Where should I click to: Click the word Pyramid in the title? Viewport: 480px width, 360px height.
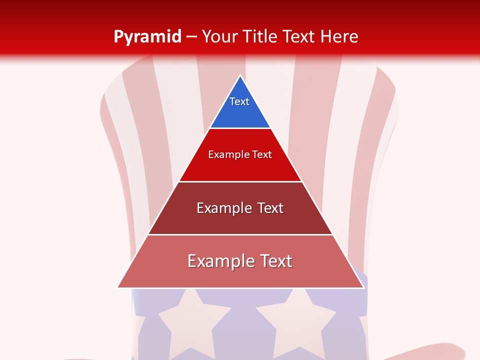tap(147, 36)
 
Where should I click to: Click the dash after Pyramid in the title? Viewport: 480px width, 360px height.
tap(191, 37)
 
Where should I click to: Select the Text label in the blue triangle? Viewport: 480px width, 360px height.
tap(239, 101)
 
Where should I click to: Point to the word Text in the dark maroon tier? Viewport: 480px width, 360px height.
tap(270, 208)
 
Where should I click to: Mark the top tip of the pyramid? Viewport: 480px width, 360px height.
tap(240, 76)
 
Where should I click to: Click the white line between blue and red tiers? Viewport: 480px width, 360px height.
tap(240, 128)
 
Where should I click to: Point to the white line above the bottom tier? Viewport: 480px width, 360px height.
tap(240, 234)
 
